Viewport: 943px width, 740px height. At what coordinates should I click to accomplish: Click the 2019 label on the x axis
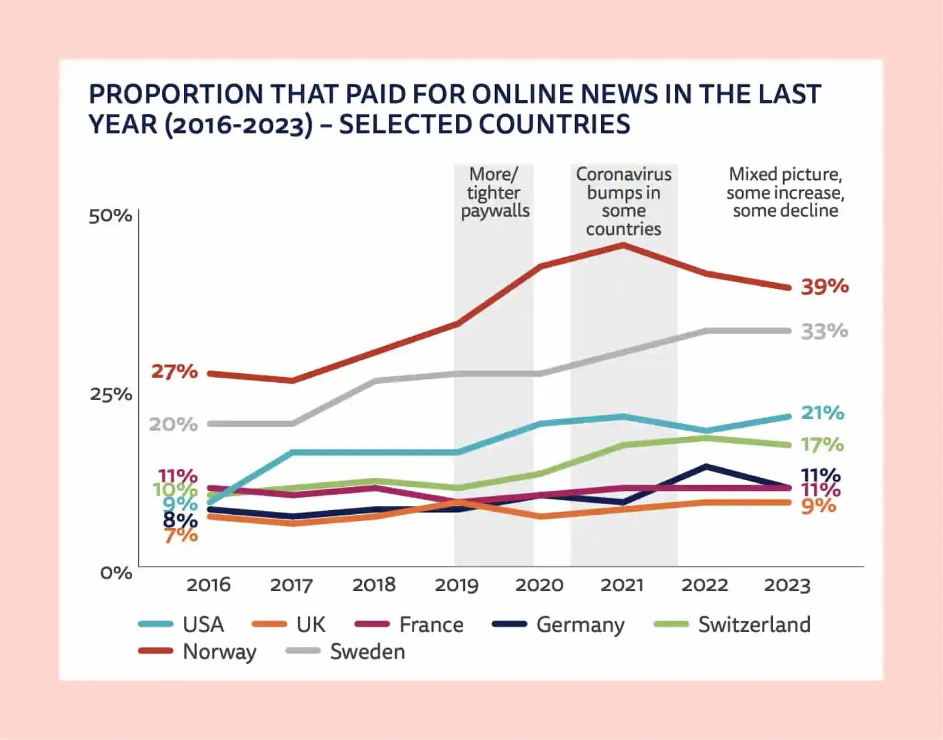click(x=456, y=585)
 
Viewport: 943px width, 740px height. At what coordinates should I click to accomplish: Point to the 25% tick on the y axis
click(x=111, y=394)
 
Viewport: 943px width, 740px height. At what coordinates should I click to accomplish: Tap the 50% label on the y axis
click(x=110, y=216)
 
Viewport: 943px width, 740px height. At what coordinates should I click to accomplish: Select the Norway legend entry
click(x=219, y=651)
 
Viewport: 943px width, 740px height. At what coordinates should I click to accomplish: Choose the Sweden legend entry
click(x=367, y=651)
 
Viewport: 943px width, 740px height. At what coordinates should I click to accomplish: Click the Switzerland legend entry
click(x=753, y=625)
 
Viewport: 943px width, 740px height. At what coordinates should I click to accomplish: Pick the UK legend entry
click(x=310, y=625)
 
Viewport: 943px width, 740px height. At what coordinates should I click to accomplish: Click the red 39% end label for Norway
click(x=825, y=286)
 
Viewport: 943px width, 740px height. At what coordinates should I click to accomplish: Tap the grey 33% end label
click(x=824, y=331)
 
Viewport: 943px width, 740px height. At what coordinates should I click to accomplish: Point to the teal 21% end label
click(x=822, y=412)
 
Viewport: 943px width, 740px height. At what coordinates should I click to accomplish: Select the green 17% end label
click(x=822, y=444)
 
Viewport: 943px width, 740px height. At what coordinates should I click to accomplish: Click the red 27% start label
click(x=174, y=371)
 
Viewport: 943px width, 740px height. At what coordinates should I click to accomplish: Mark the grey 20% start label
click(x=173, y=424)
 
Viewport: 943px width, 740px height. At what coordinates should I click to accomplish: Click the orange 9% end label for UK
click(x=818, y=506)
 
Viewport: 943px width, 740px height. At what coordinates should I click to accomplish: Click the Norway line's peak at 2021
click(x=624, y=245)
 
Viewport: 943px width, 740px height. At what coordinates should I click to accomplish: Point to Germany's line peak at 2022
click(x=706, y=467)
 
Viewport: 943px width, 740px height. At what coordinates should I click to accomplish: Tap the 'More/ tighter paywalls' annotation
click(x=495, y=192)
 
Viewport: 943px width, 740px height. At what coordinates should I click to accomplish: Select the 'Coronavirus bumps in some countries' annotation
click(x=624, y=201)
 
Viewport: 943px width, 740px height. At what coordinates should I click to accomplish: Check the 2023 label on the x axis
click(x=787, y=585)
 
